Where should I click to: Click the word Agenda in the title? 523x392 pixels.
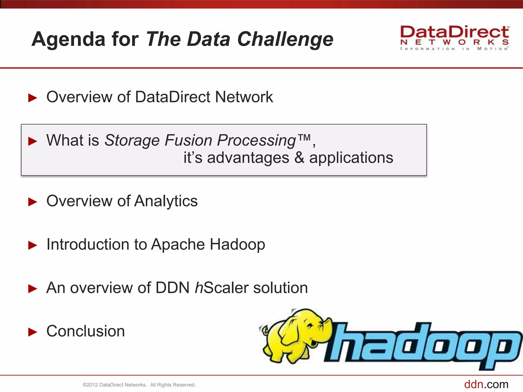[x=68, y=39]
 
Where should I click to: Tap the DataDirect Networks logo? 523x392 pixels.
[x=454, y=38]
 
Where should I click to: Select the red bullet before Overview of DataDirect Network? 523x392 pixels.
[x=32, y=98]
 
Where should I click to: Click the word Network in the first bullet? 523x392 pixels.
[x=244, y=97]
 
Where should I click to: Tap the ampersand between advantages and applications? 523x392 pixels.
[x=299, y=158]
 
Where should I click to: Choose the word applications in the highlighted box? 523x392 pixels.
[x=351, y=158]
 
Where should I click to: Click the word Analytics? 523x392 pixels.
[x=166, y=201]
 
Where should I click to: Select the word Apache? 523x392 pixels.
[x=178, y=244]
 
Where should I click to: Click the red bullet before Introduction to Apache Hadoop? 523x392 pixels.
[x=32, y=245]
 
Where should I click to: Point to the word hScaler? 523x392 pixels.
[x=221, y=288]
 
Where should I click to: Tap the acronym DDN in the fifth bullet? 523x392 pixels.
[x=172, y=288]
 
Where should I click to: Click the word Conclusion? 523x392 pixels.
[x=86, y=331]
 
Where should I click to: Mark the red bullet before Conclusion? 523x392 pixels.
[x=32, y=332]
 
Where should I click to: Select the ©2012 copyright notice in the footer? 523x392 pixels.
[x=139, y=385]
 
